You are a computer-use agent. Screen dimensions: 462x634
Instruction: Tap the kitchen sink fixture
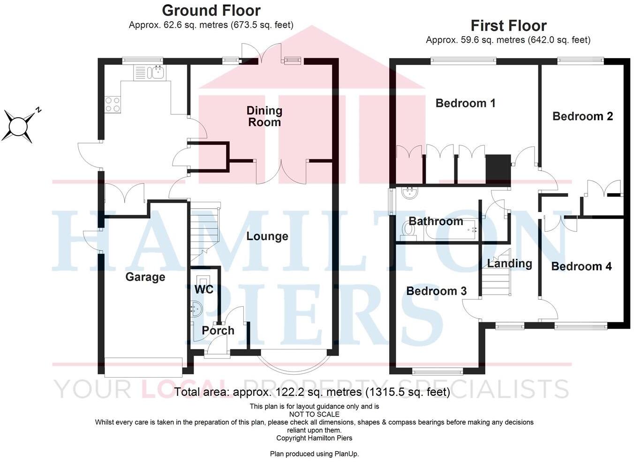[155, 72]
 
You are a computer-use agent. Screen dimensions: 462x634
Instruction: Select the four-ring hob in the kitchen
[113, 104]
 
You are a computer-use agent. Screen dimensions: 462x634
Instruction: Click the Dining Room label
[264, 116]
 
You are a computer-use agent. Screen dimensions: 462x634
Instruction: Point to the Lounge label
[267, 236]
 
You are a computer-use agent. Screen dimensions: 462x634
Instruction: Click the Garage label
[145, 277]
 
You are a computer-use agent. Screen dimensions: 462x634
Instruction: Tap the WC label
[204, 289]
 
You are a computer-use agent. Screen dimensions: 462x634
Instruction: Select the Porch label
[218, 330]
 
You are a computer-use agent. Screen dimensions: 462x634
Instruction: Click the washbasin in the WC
[196, 309]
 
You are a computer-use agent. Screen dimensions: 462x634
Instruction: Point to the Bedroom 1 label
[465, 103]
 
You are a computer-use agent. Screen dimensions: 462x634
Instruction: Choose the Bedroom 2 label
[582, 116]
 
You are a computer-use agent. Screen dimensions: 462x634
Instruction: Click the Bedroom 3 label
[436, 291]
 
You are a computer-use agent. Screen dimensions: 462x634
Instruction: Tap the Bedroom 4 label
[581, 266]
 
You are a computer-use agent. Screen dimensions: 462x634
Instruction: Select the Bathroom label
[436, 221]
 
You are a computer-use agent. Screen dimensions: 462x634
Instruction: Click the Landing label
[509, 264]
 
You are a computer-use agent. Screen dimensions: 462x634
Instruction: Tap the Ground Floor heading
[211, 10]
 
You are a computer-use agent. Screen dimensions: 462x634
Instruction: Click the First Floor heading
[508, 25]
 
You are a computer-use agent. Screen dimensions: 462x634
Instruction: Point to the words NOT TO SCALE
[314, 414]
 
